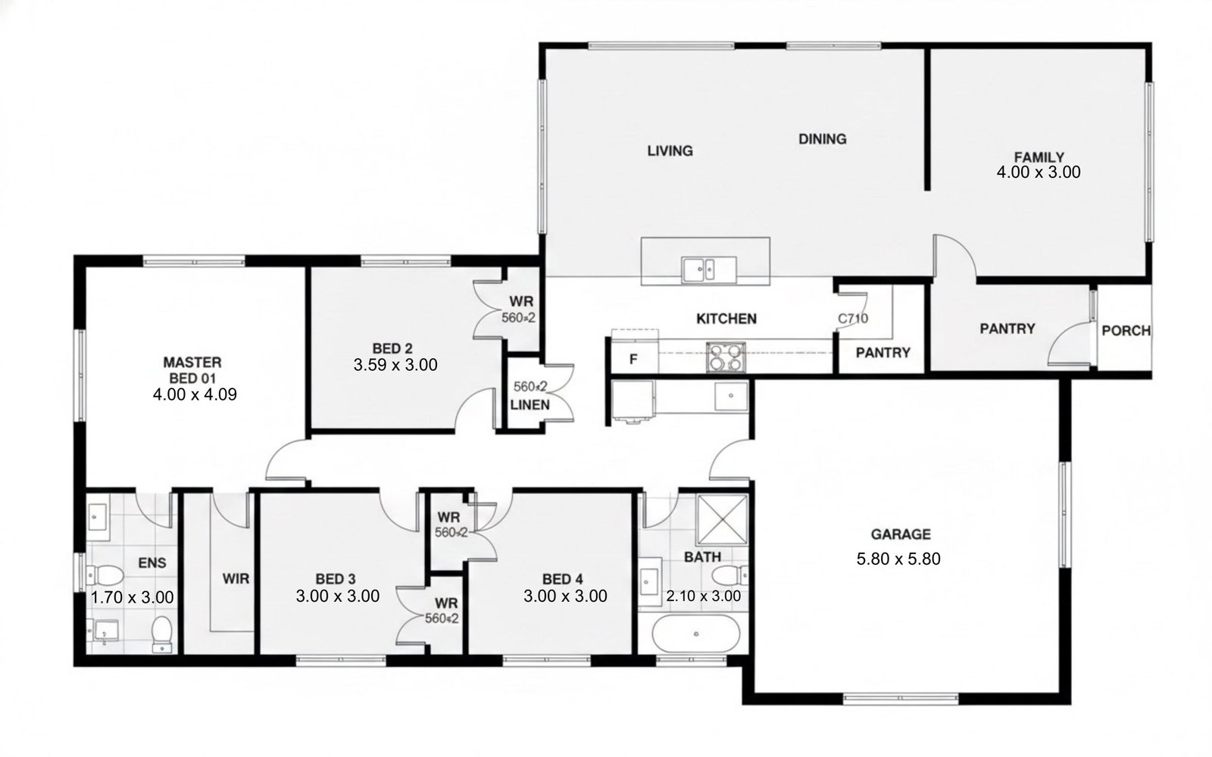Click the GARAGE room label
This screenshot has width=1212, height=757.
click(901, 534)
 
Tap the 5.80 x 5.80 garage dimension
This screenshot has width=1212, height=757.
click(898, 559)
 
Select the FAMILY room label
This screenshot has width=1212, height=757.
click(1039, 157)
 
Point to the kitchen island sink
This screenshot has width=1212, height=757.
click(709, 269)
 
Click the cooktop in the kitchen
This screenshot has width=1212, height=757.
click(726, 357)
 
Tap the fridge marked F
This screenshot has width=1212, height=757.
click(634, 358)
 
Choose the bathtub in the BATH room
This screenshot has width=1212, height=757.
click(696, 634)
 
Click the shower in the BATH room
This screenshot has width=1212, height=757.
click(722, 519)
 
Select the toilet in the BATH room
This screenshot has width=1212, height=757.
click(730, 575)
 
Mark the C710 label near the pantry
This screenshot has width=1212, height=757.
click(853, 319)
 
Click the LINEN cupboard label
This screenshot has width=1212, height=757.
click(529, 404)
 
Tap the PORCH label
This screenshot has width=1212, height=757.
click(1126, 330)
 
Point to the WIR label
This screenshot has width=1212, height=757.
click(236, 578)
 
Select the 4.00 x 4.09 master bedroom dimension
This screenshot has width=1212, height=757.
click(195, 394)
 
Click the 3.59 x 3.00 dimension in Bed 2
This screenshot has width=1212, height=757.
click(395, 365)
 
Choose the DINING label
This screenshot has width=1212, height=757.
click(823, 139)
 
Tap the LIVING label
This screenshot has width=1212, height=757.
click(670, 151)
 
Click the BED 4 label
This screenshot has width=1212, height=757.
click(563, 579)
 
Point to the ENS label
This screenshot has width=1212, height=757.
click(152, 563)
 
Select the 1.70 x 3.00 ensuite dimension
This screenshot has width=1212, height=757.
click(132, 597)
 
